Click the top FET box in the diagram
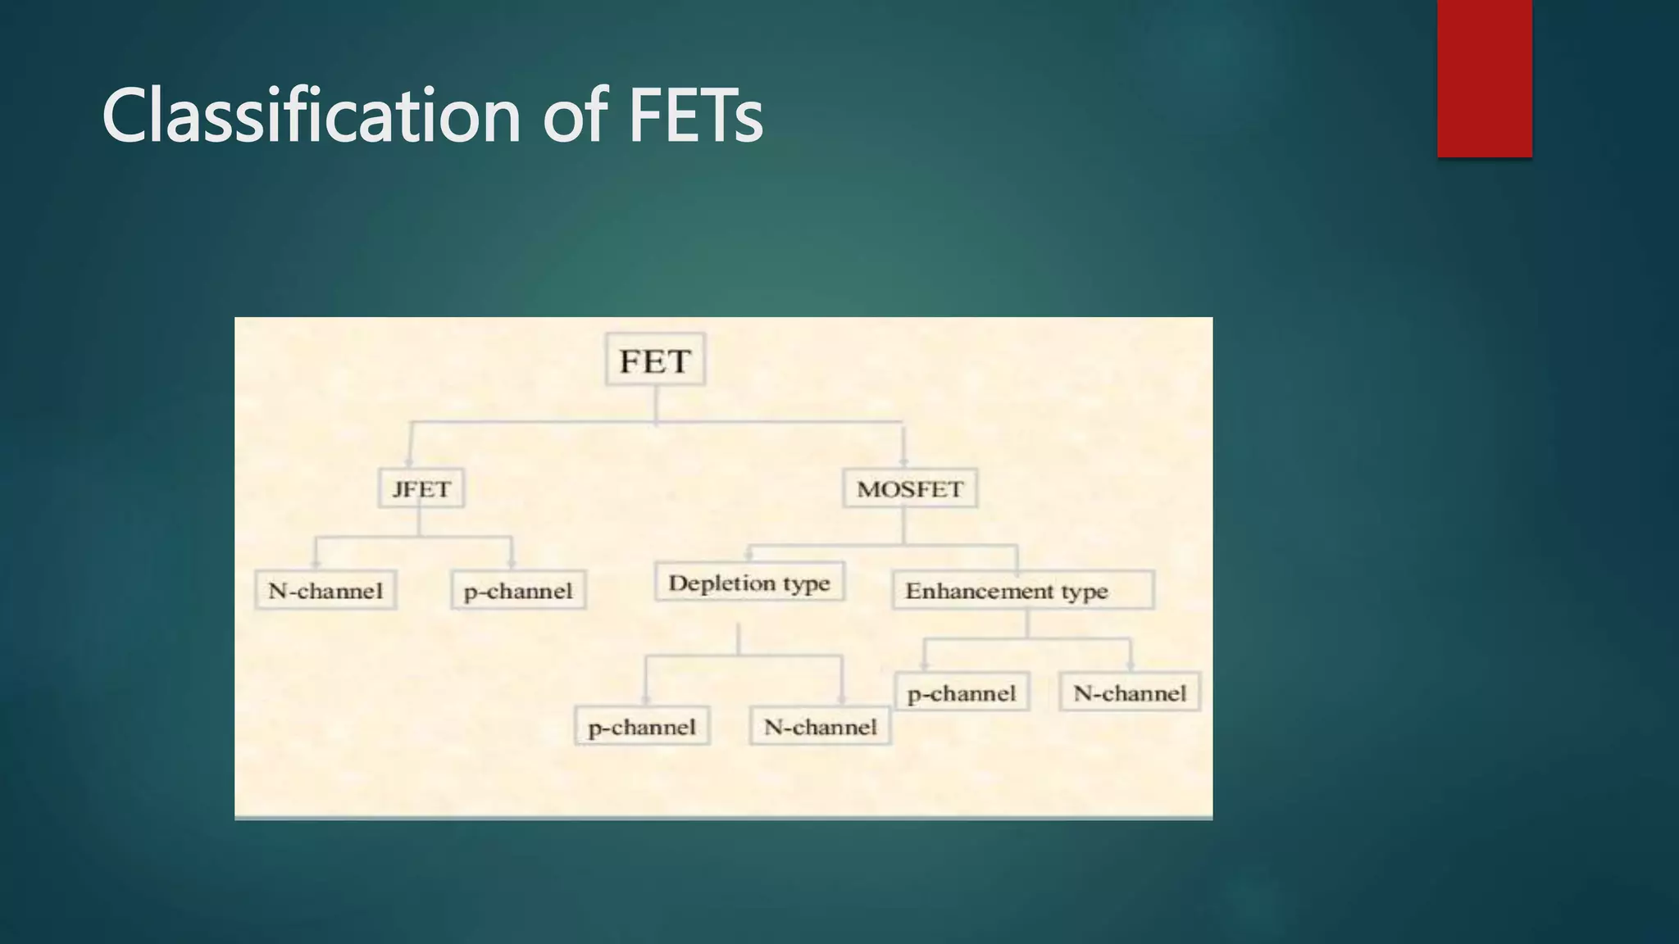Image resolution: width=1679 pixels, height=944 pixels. click(655, 360)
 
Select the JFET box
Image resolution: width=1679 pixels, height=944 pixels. click(421, 488)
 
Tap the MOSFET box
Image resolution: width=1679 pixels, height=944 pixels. click(910, 488)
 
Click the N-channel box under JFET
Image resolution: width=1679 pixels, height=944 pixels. click(325, 590)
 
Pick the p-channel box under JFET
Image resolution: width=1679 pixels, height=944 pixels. click(518, 590)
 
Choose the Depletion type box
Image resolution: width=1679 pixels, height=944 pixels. click(749, 582)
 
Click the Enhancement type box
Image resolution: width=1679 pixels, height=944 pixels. click(1022, 590)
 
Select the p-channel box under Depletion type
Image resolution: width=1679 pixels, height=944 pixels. click(642, 726)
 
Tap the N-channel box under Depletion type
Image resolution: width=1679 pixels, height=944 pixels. click(820, 726)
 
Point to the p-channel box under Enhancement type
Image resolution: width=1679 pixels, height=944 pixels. click(962, 692)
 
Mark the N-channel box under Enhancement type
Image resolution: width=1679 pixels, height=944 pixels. click(1130, 692)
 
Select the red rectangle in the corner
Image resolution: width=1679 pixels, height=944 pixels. click(1484, 78)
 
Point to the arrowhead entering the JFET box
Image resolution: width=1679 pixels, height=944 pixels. click(409, 462)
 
